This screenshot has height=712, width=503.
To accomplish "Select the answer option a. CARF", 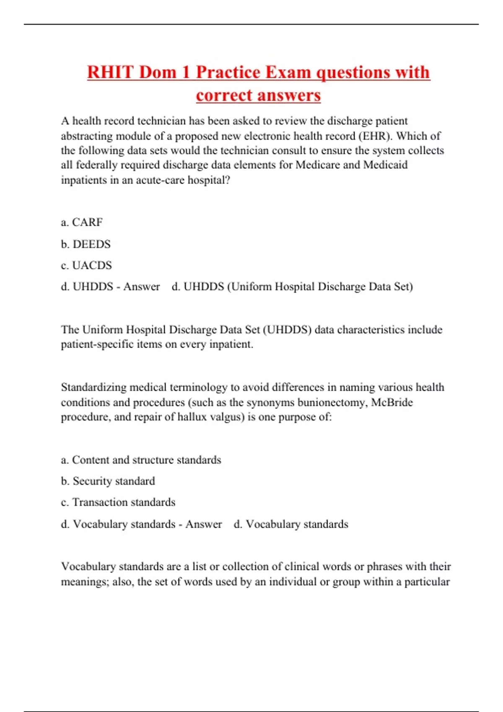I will click(x=82, y=222).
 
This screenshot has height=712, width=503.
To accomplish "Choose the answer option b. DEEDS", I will click(x=86, y=244).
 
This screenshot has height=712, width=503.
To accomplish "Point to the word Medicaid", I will click(x=385, y=165).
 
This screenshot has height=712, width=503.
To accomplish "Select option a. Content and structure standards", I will click(x=141, y=459).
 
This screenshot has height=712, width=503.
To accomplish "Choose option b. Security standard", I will click(x=108, y=481).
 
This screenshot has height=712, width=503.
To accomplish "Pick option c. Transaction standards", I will click(x=118, y=502).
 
